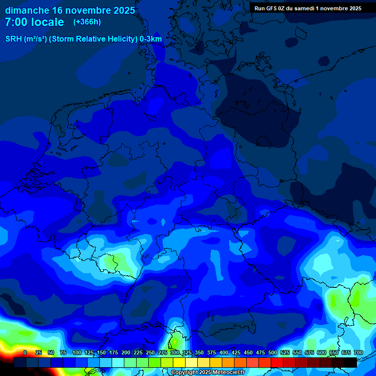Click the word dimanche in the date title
27,10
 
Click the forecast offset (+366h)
87,22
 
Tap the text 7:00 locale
34,22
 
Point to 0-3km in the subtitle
151,39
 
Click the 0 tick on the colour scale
25,352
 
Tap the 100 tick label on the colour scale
77,352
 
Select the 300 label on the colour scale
175,352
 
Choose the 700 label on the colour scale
358,352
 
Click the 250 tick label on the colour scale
150,352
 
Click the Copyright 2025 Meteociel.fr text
215,372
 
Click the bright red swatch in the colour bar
277,362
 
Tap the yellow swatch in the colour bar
179,362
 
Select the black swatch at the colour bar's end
351,362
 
